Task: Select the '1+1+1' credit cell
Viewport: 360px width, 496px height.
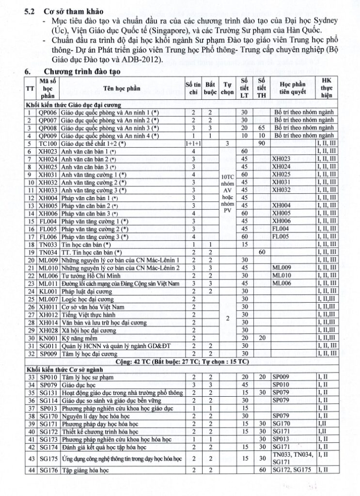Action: click(x=193, y=144)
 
